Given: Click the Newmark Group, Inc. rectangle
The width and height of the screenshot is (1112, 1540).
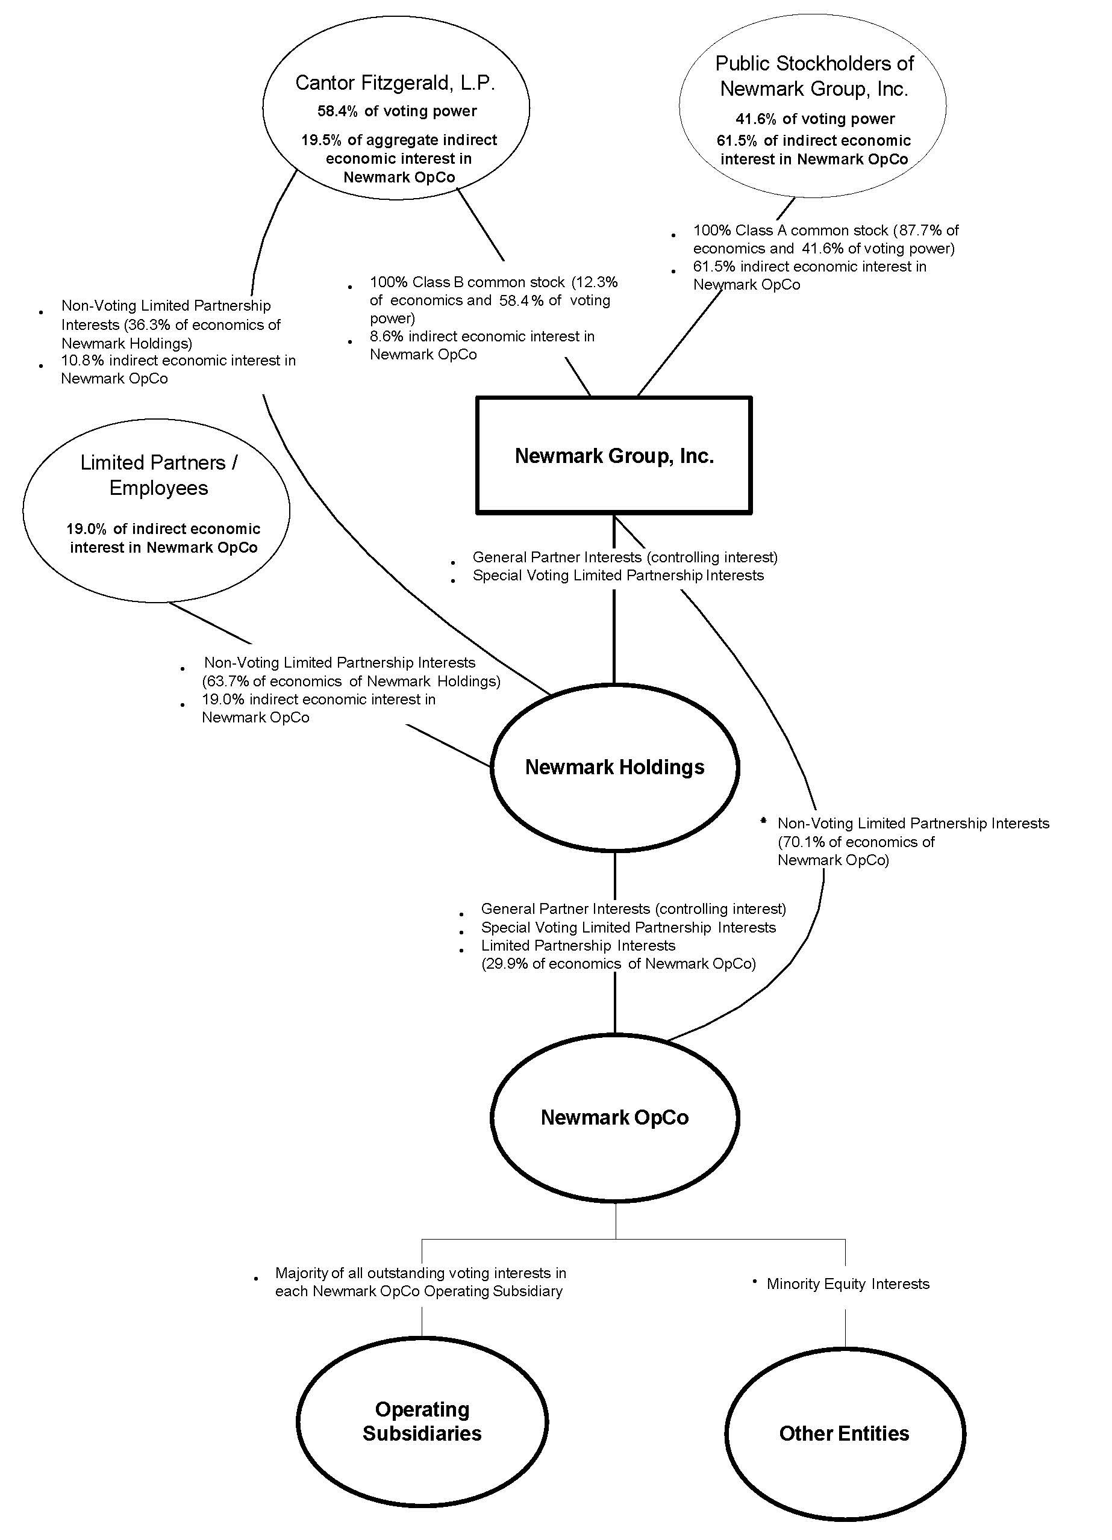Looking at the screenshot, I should click(x=613, y=456).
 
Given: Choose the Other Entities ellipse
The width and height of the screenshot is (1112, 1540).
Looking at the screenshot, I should click(x=845, y=1433).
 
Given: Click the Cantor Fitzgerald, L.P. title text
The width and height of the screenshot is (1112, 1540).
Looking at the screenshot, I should click(x=395, y=83).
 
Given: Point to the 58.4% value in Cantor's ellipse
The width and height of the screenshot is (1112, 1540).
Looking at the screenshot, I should click(x=337, y=111).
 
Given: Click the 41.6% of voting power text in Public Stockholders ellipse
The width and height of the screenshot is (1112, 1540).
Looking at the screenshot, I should click(x=814, y=119).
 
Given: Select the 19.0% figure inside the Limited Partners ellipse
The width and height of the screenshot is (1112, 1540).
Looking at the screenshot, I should click(x=86, y=529).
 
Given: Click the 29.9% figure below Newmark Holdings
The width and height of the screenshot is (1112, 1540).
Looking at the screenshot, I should click(x=506, y=963).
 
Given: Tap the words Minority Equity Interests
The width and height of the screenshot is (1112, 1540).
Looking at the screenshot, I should click(x=847, y=1284).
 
